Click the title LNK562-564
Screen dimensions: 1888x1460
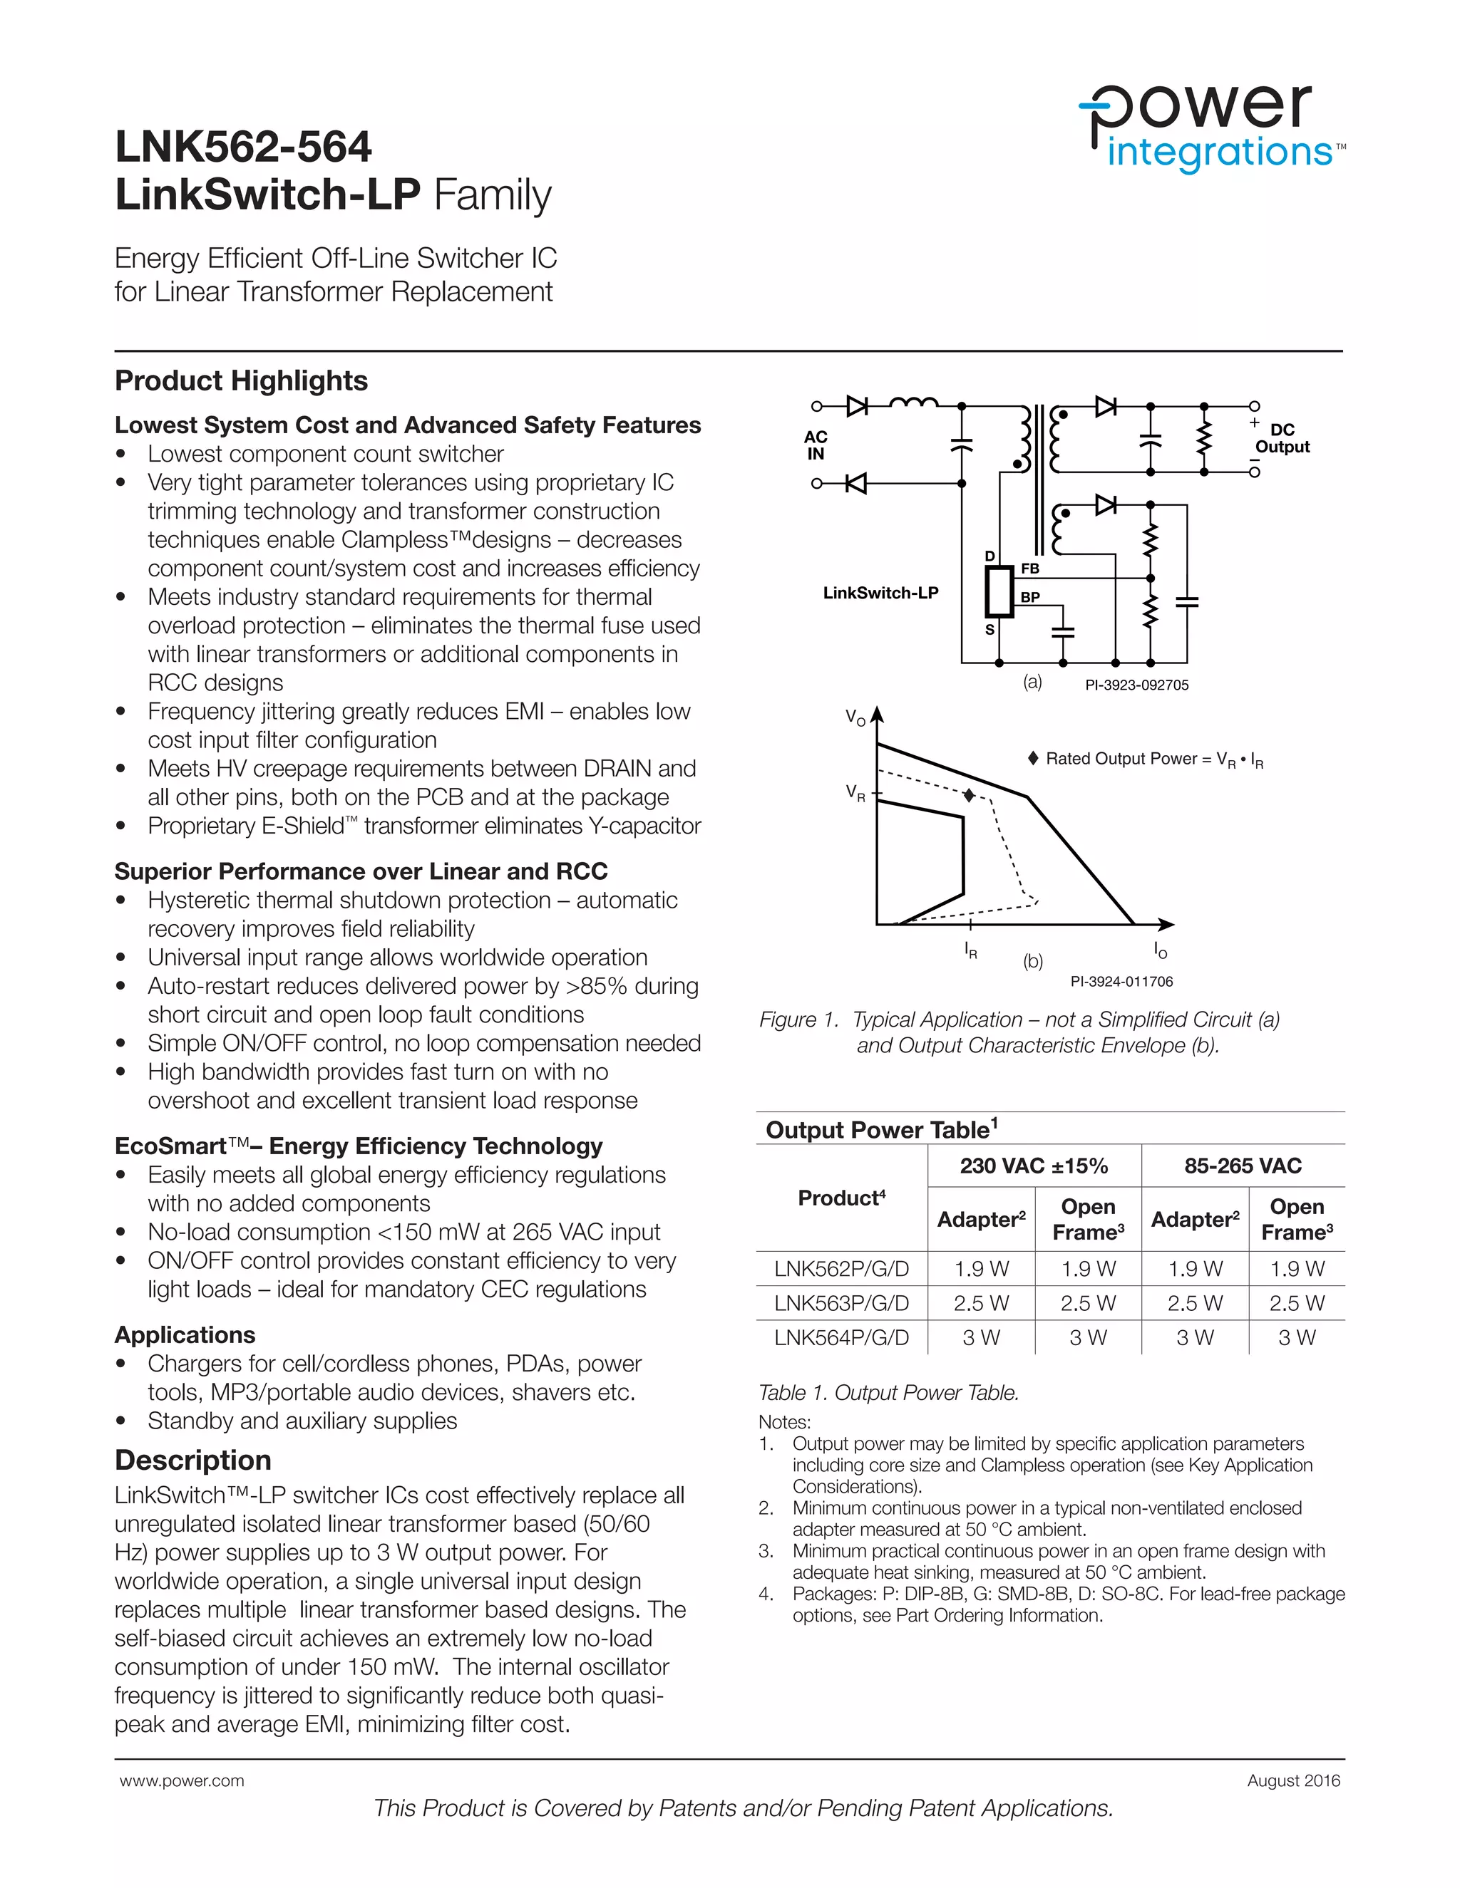point(243,147)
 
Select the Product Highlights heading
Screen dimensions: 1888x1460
point(242,381)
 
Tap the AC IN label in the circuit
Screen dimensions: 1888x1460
point(816,445)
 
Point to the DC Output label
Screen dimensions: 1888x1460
point(1282,438)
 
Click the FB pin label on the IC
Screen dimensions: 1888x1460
point(1029,569)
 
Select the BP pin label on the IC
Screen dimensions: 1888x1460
point(1029,597)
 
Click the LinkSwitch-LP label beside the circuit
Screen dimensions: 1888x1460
point(880,593)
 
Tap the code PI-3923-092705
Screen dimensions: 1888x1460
point(1136,685)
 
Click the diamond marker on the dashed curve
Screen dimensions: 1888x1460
point(970,794)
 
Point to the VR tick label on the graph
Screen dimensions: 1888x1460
point(855,793)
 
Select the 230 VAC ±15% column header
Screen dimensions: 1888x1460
point(1034,1166)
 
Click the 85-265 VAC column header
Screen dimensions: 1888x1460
point(1243,1166)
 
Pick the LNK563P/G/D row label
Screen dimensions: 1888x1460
point(842,1303)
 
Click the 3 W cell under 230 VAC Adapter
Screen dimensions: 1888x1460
point(981,1337)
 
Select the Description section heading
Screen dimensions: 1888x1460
point(193,1460)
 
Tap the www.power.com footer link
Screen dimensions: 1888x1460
point(182,1781)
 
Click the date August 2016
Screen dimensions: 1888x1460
point(1293,1781)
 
